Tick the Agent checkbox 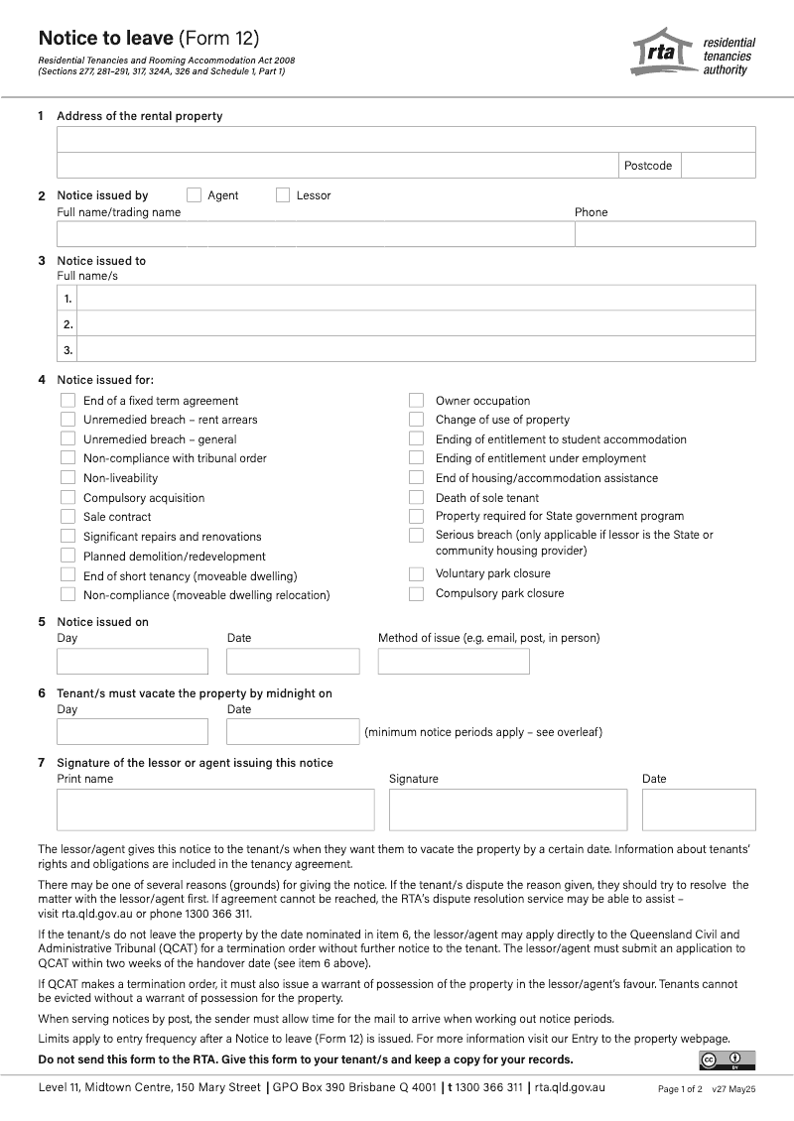[x=194, y=195]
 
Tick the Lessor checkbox [x=283, y=195]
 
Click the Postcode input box [x=718, y=166]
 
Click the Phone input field [x=665, y=234]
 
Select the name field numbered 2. [x=416, y=324]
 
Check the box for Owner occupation [x=417, y=401]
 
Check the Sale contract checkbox [x=67, y=517]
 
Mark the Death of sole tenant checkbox [x=417, y=498]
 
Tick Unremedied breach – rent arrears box [x=67, y=420]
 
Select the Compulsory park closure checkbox [x=417, y=593]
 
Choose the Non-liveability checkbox [x=67, y=478]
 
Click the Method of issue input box [x=454, y=662]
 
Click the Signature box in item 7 [x=508, y=810]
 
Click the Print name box [x=215, y=810]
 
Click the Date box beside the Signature [x=699, y=810]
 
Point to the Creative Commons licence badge [x=728, y=1060]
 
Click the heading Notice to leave [x=107, y=39]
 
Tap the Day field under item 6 [x=132, y=732]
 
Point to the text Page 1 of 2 [x=680, y=1089]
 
